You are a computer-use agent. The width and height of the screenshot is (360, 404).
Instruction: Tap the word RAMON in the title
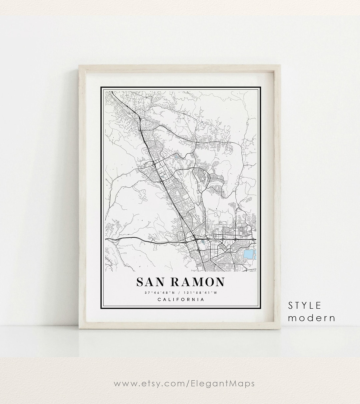[x=198, y=282]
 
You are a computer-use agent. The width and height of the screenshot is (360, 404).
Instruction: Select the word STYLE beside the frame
[x=305, y=305]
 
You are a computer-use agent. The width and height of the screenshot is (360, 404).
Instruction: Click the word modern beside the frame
[x=311, y=318]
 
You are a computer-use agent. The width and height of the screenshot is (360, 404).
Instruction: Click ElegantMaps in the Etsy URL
[x=226, y=383]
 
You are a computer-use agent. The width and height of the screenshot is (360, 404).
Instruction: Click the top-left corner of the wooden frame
[x=79, y=66]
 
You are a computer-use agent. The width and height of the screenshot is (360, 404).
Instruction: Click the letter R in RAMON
[x=177, y=282]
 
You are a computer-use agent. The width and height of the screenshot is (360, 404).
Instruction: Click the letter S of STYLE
[x=291, y=305]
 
